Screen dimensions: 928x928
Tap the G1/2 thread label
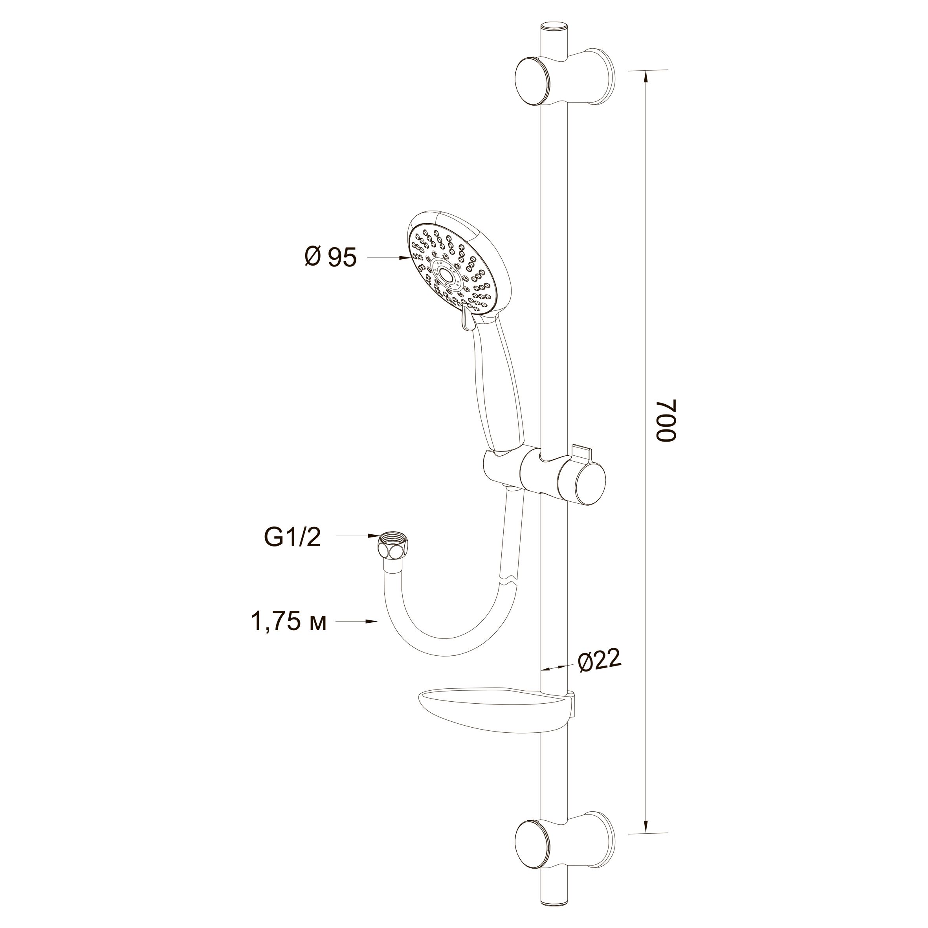[x=292, y=537]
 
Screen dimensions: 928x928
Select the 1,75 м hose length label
[x=289, y=622]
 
